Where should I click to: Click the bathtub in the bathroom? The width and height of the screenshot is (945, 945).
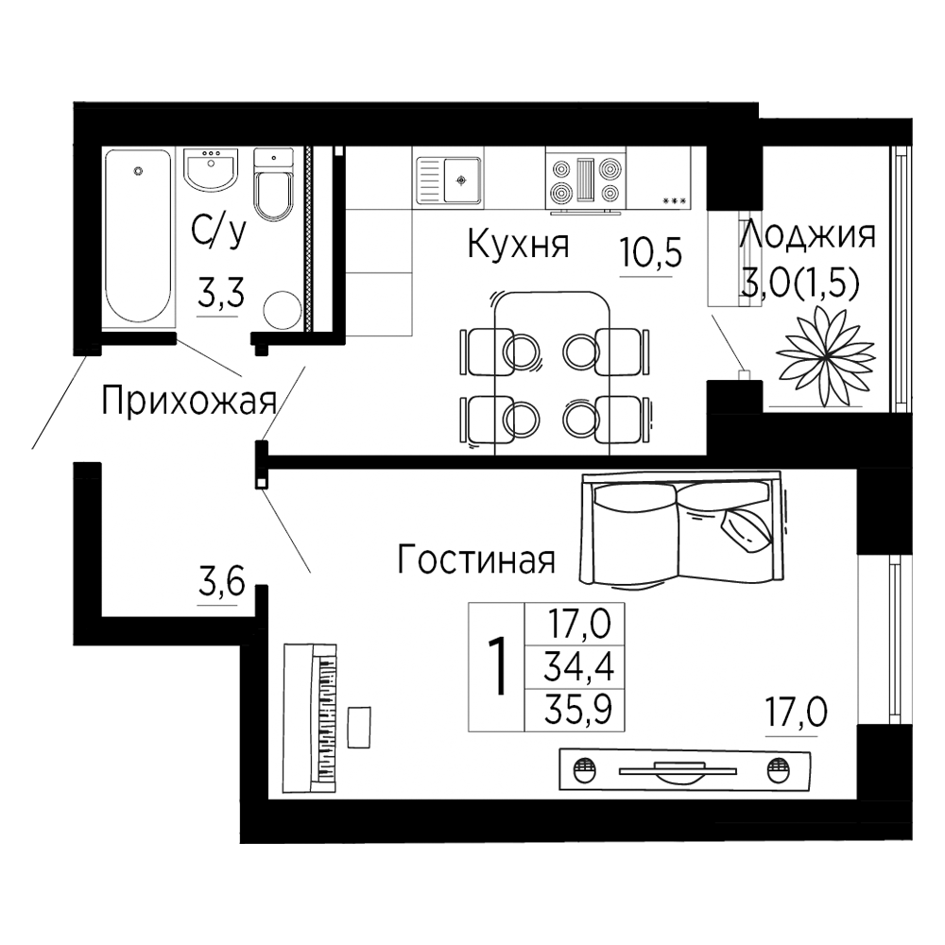coord(138,236)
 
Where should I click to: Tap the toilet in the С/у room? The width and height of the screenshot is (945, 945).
coord(274,184)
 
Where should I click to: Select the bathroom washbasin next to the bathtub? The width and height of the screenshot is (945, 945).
coord(211,170)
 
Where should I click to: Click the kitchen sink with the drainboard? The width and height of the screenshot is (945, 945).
coord(449,180)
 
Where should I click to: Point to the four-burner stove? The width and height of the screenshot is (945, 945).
coord(586,180)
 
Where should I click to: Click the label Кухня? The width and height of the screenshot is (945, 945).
coord(518,246)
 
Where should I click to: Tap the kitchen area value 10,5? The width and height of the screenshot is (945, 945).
coord(651,253)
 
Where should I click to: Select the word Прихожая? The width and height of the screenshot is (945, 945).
coord(189,402)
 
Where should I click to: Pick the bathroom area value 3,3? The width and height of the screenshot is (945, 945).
coord(221,295)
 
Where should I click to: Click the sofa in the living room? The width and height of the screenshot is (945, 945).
coord(682,528)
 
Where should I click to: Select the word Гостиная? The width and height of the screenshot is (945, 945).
coord(476,559)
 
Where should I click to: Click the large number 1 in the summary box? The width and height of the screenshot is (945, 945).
coord(497,667)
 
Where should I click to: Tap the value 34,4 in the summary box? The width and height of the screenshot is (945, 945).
coord(578,667)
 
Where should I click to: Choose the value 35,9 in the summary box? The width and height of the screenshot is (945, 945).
coord(578,710)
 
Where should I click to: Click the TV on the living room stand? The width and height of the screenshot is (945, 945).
coord(679,770)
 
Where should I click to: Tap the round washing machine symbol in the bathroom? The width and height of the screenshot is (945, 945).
coord(283,310)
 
